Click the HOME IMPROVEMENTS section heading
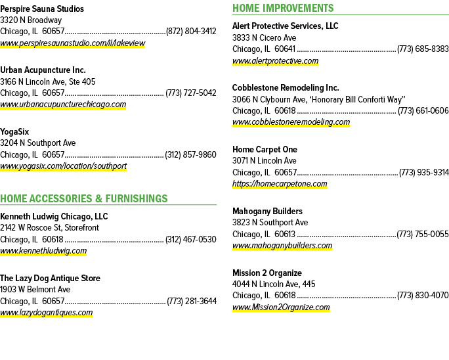click(283, 8)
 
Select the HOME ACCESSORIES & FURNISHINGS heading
click(84, 198)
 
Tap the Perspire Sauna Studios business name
click(42, 9)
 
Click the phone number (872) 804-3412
click(191, 31)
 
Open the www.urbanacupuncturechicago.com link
click(63, 104)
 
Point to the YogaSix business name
click(14, 132)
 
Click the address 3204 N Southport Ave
click(38, 143)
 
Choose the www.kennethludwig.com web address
click(43, 251)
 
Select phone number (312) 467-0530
click(191, 239)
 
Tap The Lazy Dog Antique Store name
click(50, 278)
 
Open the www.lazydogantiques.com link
click(47, 313)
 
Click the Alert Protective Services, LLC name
click(285, 26)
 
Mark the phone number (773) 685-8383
click(423, 49)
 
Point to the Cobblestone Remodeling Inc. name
click(286, 88)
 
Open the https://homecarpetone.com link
click(280, 184)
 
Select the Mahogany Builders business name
click(267, 212)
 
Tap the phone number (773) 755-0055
click(423, 234)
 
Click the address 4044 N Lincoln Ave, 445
click(274, 284)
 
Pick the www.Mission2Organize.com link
click(281, 307)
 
